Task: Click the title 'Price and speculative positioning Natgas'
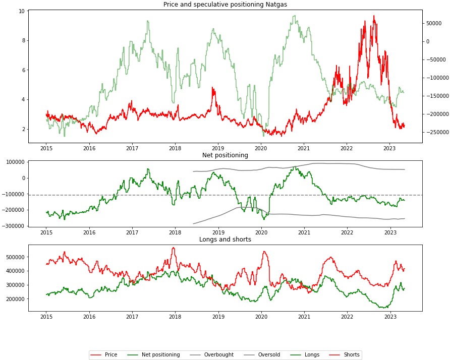click(225, 5)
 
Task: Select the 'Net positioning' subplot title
click(225, 155)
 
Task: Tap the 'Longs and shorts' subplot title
click(225, 239)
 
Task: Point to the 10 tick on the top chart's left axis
click(21, 11)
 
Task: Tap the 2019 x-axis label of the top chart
click(218, 148)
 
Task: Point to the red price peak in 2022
click(374, 16)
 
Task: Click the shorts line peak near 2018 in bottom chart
click(173, 248)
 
